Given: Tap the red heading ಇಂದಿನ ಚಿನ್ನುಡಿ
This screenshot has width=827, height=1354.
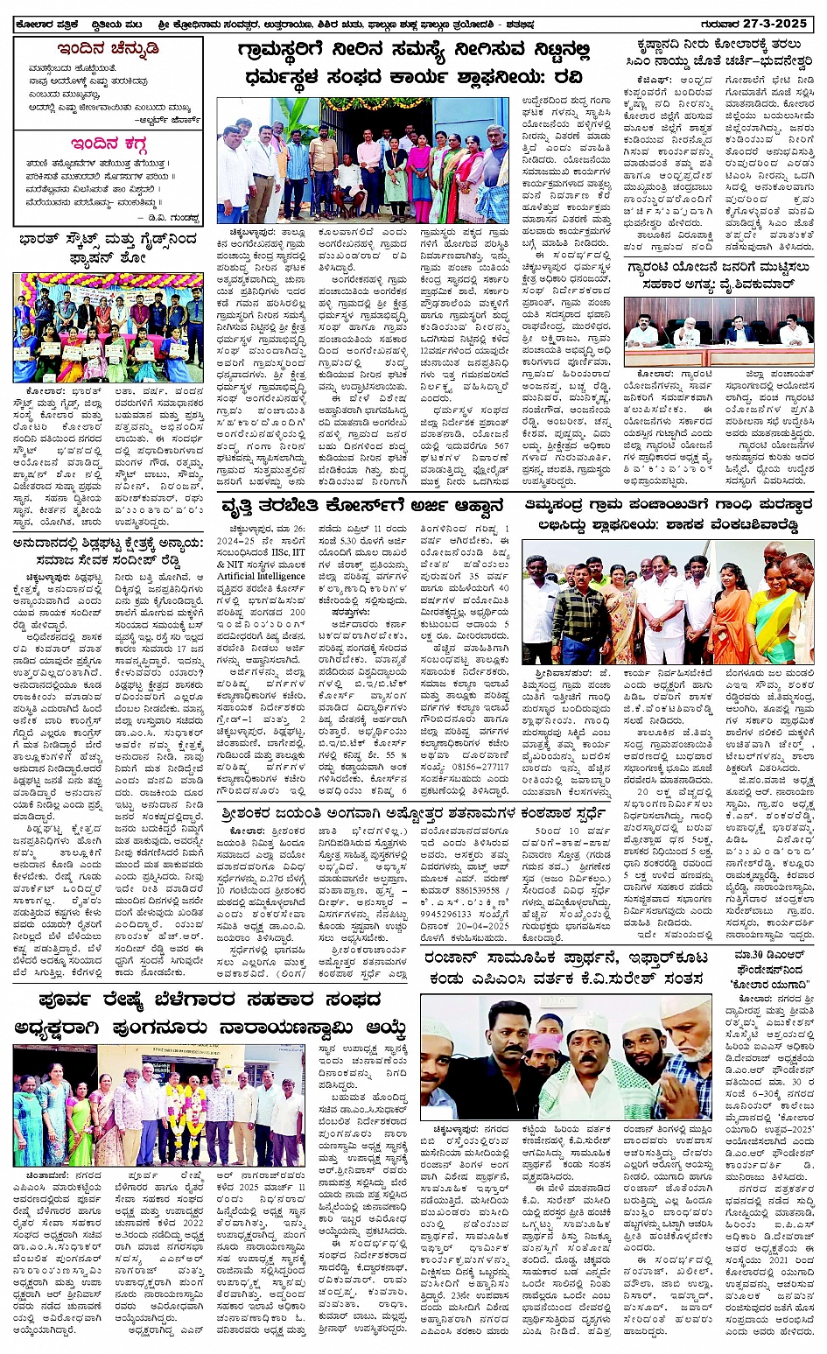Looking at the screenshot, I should [x=108, y=49].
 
